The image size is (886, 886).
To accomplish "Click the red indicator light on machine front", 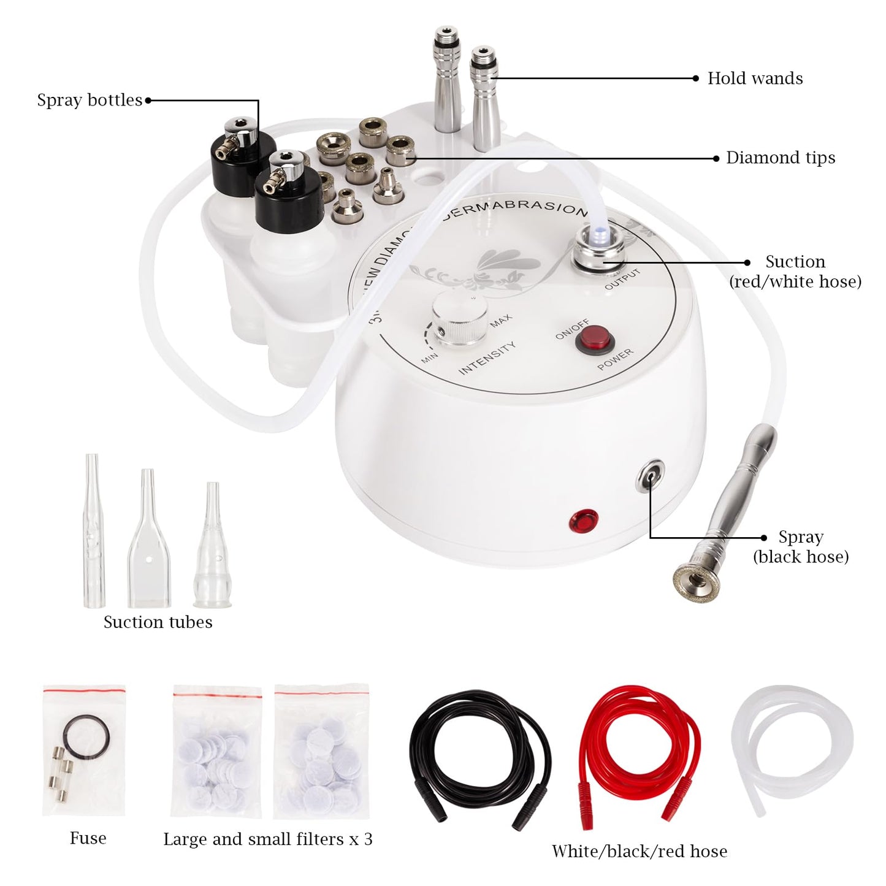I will (583, 521).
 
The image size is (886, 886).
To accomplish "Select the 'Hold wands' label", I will (755, 78).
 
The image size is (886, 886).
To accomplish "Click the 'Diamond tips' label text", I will (780, 158).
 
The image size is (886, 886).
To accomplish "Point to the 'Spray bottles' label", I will (90, 100).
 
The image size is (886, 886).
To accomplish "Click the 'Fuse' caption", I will (88, 838).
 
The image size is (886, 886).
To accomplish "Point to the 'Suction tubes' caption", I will (158, 622).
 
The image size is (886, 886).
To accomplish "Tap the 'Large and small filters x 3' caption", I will (267, 839).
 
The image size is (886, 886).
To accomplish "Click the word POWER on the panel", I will (616, 360).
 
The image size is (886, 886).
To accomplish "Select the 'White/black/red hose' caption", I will (639, 852).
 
